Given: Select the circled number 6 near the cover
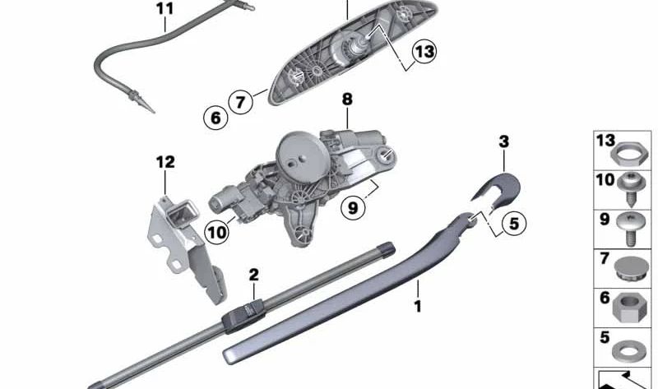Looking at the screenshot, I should tap(215, 118).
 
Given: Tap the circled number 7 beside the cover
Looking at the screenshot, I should tap(240, 103).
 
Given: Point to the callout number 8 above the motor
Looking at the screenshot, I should tap(347, 99).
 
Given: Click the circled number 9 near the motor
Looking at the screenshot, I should tap(353, 208).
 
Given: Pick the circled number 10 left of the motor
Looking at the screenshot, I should tap(216, 233).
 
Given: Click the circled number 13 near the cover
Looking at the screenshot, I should tap(424, 53).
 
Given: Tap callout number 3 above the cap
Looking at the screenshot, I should tap(504, 141).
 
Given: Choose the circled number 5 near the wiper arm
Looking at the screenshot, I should tap(512, 221).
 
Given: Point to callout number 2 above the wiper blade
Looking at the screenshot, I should tap(254, 275).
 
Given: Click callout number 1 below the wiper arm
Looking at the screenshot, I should tap(418, 308).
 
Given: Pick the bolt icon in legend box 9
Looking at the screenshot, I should tap(628, 227).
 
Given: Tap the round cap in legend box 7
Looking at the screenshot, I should tap(628, 266).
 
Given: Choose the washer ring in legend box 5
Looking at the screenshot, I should tap(628, 345).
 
